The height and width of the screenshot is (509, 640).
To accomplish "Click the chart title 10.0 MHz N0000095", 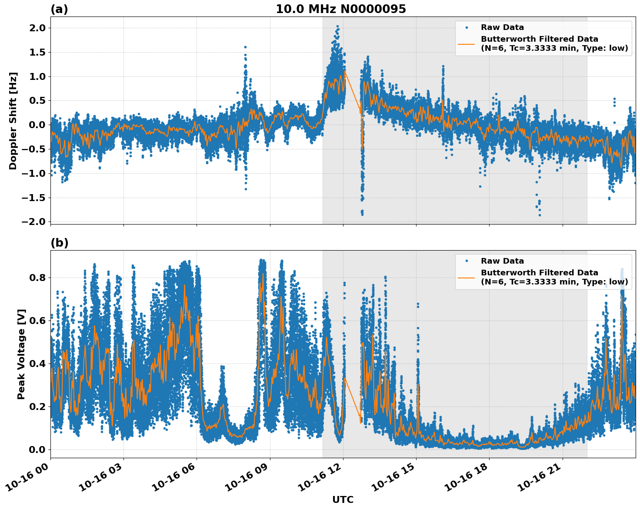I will (340, 9).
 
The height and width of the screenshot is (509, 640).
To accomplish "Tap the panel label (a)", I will (59, 9).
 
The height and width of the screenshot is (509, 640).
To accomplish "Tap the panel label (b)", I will (59, 243).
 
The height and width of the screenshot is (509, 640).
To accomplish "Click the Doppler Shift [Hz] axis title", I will (13, 121).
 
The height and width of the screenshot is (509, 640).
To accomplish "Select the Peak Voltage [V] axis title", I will (21, 354).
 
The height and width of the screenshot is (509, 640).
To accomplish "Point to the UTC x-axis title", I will (343, 499).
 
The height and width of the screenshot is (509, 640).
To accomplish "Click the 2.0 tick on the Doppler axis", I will (37, 28).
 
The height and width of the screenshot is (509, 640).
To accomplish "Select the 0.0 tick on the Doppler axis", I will (37, 125).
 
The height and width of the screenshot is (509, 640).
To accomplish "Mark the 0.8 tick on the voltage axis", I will (37, 278).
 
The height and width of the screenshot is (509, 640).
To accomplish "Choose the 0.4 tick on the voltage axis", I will (37, 364).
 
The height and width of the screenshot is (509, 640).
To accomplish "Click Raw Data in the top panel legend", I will (502, 27).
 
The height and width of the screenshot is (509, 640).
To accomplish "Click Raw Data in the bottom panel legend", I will (502, 261).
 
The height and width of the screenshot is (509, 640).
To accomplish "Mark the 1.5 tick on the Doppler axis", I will (37, 52).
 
